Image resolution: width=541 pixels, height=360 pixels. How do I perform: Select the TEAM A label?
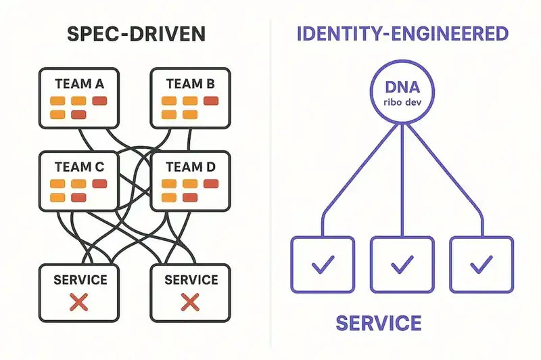(79, 84)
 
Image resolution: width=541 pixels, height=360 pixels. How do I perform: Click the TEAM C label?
(79, 166)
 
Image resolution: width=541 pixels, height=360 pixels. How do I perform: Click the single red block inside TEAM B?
(210, 102)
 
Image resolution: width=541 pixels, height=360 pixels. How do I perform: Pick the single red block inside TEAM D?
(210, 184)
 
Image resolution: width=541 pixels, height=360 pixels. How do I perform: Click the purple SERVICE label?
(379, 323)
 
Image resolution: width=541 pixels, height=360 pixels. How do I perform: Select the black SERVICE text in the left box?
(79, 279)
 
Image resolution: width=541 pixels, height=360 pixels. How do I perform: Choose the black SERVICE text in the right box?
(190, 279)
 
